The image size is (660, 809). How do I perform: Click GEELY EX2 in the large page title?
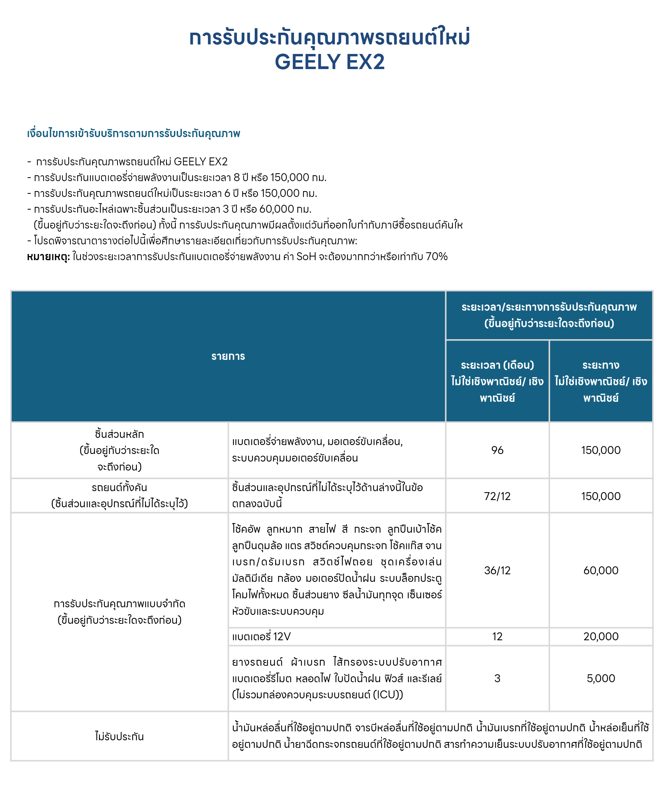[330, 62]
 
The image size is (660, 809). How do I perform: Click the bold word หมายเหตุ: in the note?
[48, 257]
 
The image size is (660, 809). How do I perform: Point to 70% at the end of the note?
[437, 256]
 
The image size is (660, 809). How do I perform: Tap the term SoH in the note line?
[306, 256]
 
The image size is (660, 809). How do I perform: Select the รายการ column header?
[228, 356]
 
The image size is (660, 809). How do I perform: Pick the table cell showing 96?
[497, 450]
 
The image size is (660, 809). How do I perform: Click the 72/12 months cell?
[497, 496]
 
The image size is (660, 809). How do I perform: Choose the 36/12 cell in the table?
[497, 570]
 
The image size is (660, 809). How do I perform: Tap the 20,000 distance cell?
[601, 636]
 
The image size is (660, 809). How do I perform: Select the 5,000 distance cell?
[601, 678]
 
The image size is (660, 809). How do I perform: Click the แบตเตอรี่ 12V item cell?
[262, 636]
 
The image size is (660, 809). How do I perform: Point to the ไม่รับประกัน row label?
[119, 736]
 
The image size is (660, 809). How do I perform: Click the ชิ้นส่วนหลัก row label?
[119, 434]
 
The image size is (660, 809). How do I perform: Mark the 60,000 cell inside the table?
[601, 570]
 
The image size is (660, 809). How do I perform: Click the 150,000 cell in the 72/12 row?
[601, 496]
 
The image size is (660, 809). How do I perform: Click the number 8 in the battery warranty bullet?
[237, 177]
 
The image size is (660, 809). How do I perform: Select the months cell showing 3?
[497, 678]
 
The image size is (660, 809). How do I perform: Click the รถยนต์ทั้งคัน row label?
[119, 488]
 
